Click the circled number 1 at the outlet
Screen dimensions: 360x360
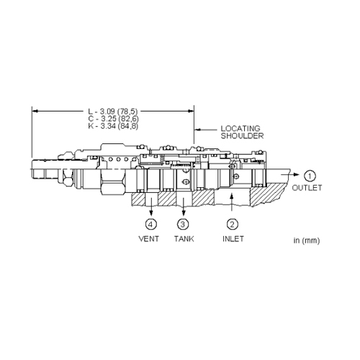coord(310,176)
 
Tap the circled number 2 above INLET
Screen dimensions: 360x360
coord(233,225)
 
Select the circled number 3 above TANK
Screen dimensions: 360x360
coord(183,225)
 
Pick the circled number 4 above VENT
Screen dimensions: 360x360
coord(150,225)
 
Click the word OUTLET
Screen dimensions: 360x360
coord(307,188)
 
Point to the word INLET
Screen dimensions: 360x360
coord(233,239)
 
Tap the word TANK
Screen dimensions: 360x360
coord(184,239)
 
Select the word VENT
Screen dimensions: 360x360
coord(149,239)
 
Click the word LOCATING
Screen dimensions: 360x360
coord(240,128)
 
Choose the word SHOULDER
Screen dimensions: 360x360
coord(242,136)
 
